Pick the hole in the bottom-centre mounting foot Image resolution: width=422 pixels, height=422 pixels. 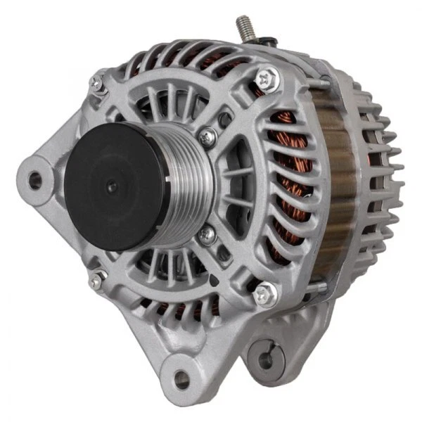(181, 381)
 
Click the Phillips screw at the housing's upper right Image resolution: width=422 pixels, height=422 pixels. (265, 78)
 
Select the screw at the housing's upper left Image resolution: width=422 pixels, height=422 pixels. (97, 85)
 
